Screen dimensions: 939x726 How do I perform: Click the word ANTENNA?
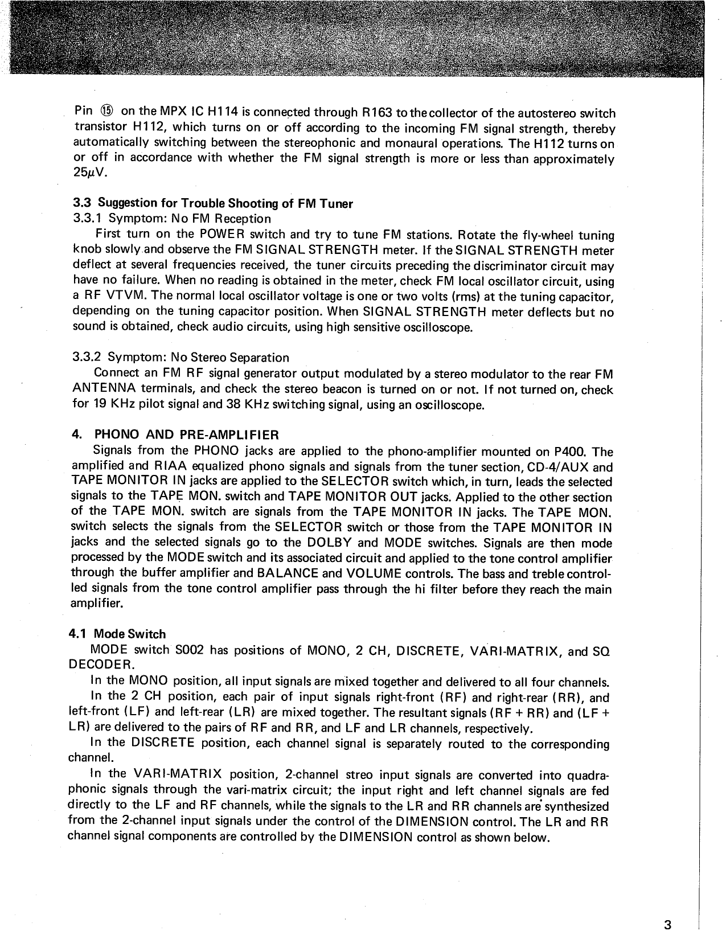106,389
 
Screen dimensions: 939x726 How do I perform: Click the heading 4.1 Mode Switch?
117,634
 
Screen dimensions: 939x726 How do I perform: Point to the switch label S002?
188,650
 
